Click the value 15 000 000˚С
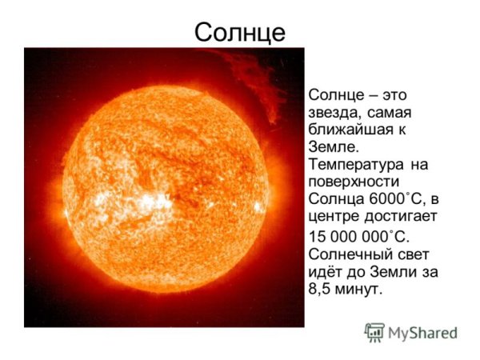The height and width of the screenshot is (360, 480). click(x=358, y=236)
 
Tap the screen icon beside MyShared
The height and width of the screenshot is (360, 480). click(x=374, y=332)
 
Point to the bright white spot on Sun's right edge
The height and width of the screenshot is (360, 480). click(x=258, y=206)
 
